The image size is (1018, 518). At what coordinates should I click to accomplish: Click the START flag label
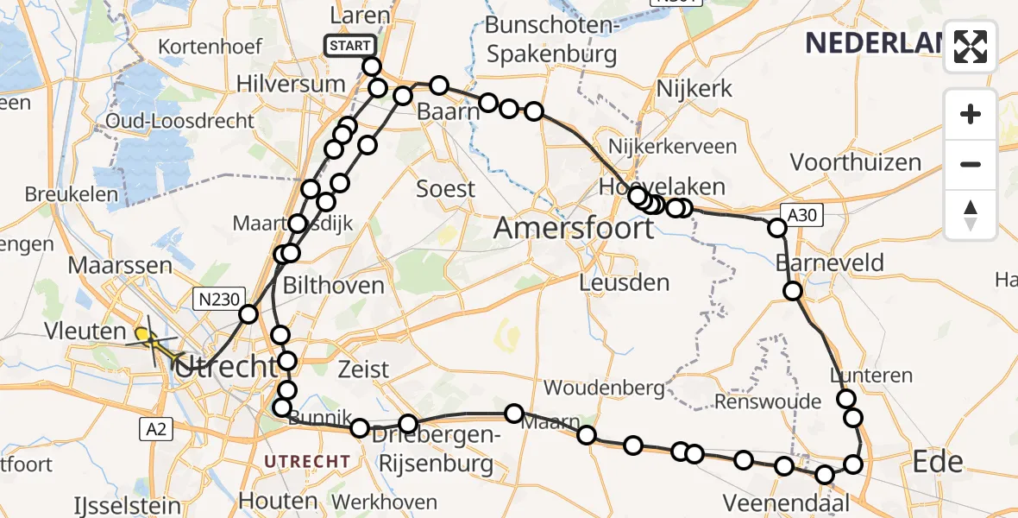click(349, 45)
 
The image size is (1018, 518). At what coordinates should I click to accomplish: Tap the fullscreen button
click(971, 47)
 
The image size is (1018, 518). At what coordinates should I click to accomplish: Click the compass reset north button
click(971, 215)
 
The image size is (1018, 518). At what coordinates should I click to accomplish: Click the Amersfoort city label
click(574, 229)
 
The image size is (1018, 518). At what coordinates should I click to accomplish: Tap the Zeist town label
click(362, 369)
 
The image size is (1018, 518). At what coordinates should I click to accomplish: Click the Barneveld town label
click(829, 262)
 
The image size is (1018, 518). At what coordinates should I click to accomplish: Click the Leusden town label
click(624, 282)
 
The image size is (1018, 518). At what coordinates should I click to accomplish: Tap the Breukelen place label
click(72, 194)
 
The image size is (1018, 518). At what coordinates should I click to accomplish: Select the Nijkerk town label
click(694, 88)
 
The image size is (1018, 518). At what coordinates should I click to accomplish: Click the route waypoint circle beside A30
click(777, 228)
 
